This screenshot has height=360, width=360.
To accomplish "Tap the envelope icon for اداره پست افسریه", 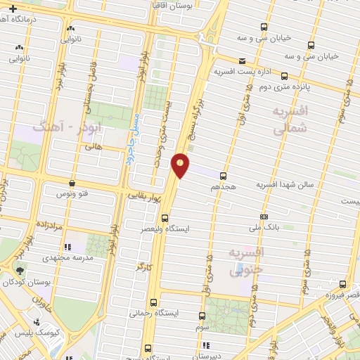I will coord(243,61).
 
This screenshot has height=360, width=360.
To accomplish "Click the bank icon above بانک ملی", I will coord(264,217).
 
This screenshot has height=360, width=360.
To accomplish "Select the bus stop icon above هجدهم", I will coord(223,176).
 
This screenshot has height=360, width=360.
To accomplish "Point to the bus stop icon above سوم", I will coord(202,316).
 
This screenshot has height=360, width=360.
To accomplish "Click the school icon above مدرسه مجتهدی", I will coord(68,247).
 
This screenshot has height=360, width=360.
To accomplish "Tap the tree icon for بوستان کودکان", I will coord(19,271).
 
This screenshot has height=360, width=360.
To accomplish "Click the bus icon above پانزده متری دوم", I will coord(284,75).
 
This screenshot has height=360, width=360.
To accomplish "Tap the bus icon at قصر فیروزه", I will coord(342,284).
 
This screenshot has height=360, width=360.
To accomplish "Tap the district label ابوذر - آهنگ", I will coord(60,128).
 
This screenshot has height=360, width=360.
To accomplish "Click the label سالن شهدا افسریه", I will coord(281,184).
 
